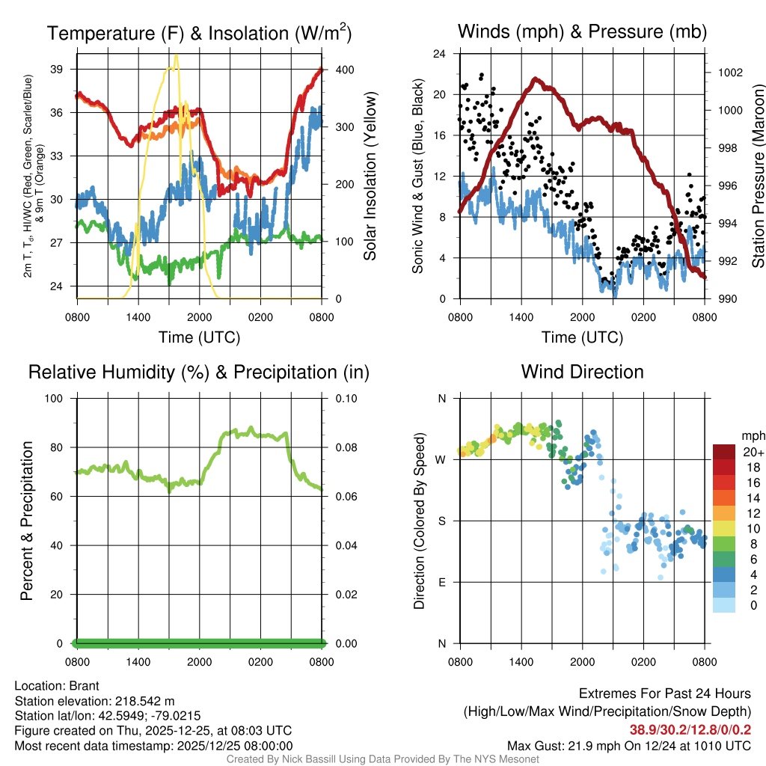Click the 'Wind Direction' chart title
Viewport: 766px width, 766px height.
point(582,372)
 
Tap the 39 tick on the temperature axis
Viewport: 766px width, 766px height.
point(63,69)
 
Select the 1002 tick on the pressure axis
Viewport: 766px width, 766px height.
point(729,73)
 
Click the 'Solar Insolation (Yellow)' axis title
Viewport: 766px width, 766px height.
point(370,177)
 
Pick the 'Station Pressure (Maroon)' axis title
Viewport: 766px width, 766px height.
point(758,177)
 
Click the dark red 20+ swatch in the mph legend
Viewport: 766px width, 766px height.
point(724,451)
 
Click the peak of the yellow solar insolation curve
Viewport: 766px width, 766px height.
point(176,55)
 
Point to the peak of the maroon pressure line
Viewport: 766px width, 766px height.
point(535,79)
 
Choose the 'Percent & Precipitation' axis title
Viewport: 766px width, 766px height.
point(26,521)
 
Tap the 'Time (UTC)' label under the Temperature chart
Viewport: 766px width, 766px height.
point(199,337)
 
